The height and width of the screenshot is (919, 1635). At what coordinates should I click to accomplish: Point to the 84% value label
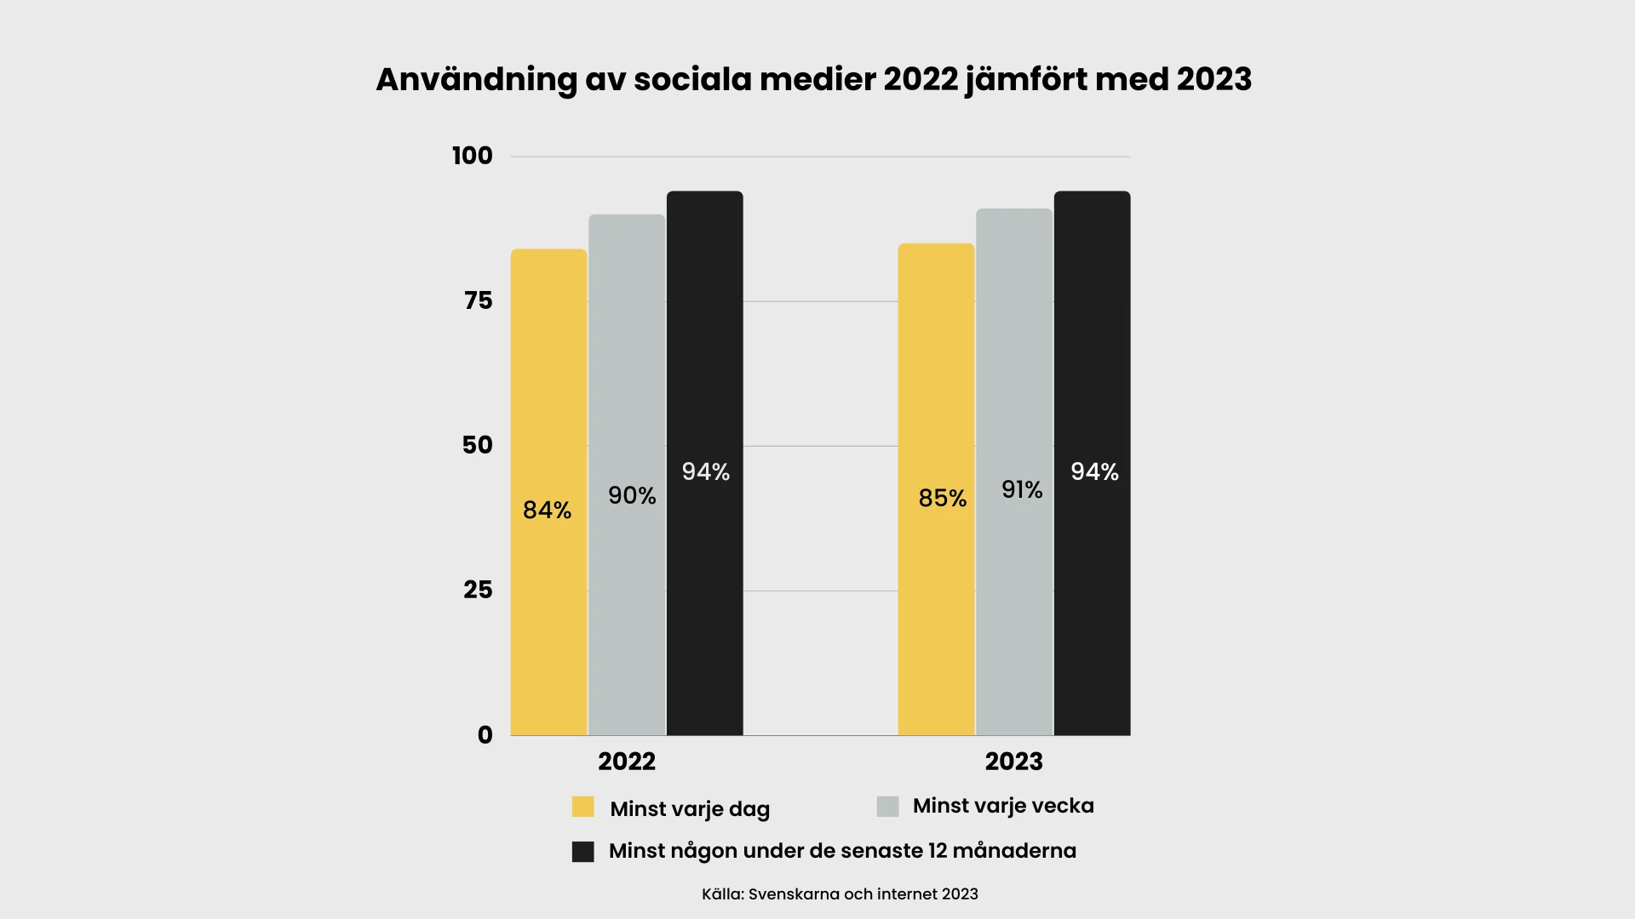pyautogui.click(x=547, y=511)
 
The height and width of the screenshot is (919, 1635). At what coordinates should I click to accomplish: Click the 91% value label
pyautogui.click(x=1022, y=490)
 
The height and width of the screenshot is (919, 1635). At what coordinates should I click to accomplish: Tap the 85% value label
pyautogui.click(x=942, y=499)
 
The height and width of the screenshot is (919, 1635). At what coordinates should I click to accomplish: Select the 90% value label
pyautogui.click(x=632, y=496)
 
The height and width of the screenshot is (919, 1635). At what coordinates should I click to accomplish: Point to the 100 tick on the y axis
pyautogui.click(x=473, y=156)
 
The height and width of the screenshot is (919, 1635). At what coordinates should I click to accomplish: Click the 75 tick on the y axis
pyautogui.click(x=478, y=300)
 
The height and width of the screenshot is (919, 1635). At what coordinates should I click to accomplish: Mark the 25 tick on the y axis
pyautogui.click(x=478, y=590)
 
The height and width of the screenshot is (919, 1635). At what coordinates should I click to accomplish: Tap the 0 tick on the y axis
pyautogui.click(x=485, y=735)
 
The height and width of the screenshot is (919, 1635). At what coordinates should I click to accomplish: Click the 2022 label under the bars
pyautogui.click(x=627, y=762)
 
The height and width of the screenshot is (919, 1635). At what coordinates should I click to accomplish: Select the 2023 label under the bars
pyautogui.click(x=1013, y=762)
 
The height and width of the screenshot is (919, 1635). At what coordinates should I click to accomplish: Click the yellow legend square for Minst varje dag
pyautogui.click(x=583, y=807)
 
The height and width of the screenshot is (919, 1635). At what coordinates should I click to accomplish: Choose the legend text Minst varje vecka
pyautogui.click(x=1003, y=806)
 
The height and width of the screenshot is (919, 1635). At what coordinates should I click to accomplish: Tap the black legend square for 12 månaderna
pyautogui.click(x=583, y=852)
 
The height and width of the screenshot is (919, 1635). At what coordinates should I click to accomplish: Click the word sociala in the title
pyautogui.click(x=692, y=79)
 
